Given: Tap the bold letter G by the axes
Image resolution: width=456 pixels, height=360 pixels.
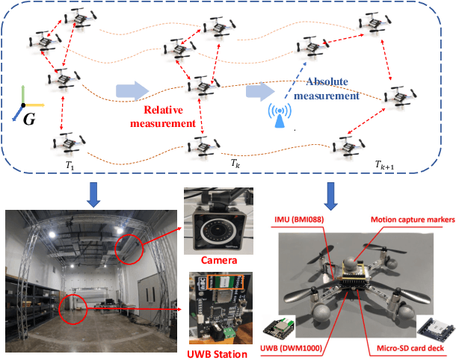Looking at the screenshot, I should click(28, 117).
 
